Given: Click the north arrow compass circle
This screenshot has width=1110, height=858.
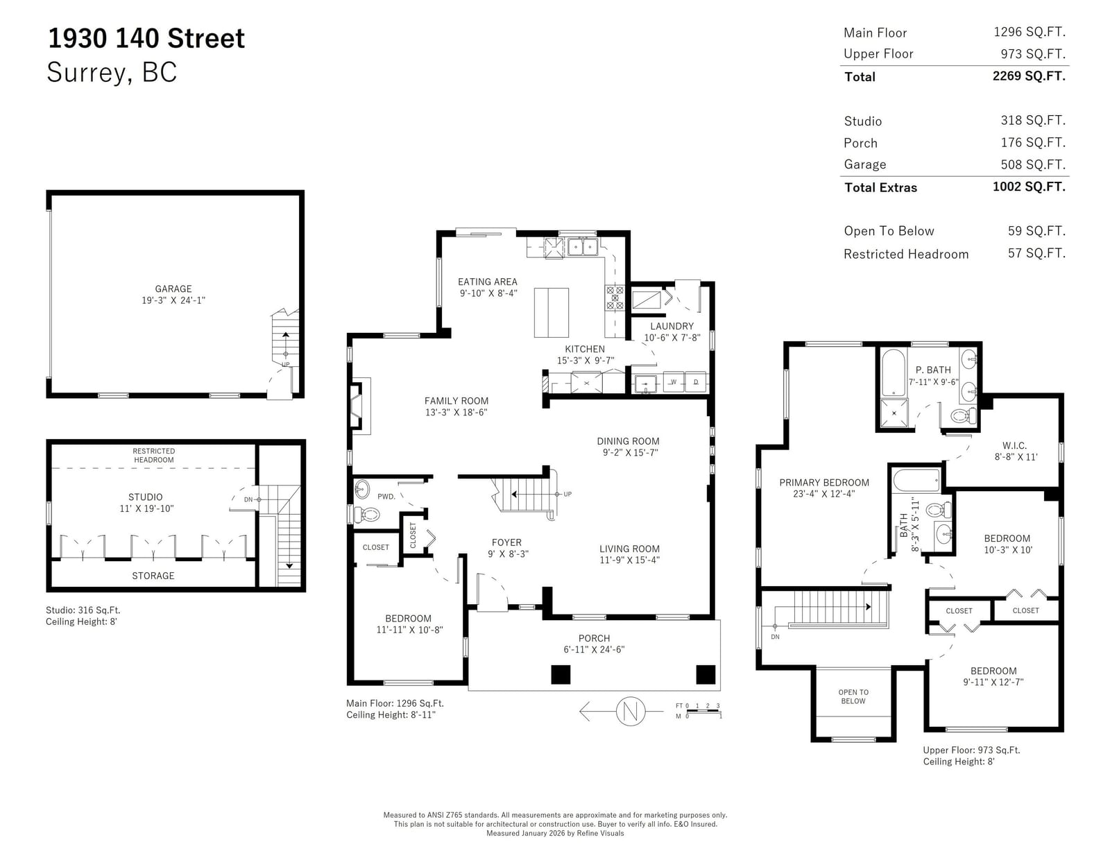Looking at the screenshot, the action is (630, 711).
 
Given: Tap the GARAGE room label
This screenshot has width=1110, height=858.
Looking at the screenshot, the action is (173, 289).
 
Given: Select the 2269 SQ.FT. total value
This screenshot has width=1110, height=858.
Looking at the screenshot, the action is (1029, 76).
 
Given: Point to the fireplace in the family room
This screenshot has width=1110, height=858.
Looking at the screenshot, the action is (359, 406).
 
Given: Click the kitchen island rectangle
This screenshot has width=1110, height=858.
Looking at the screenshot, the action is (551, 313).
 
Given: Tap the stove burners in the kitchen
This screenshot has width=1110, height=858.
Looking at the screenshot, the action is (615, 298).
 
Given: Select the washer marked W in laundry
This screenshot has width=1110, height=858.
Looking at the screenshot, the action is (674, 382).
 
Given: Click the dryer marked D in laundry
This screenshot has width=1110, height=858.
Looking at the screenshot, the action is (695, 382).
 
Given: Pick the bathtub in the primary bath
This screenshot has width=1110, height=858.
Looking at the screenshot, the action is (893, 372).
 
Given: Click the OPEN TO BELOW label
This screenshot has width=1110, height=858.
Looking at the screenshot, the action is (853, 696).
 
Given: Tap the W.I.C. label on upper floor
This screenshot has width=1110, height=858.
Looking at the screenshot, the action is (1014, 445).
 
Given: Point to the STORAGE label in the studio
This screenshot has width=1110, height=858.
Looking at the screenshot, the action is (153, 576).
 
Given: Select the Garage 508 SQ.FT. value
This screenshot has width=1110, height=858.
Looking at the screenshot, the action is (1033, 164).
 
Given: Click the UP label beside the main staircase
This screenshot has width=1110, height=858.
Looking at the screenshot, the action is (567, 494).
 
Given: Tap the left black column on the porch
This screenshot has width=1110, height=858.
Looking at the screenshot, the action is (561, 674).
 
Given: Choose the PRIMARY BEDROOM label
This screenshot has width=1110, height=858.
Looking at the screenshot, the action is (824, 482).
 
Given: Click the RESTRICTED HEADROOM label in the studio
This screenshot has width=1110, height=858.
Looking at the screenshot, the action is (153, 455).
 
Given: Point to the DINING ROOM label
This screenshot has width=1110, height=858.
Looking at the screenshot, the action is (628, 440).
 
